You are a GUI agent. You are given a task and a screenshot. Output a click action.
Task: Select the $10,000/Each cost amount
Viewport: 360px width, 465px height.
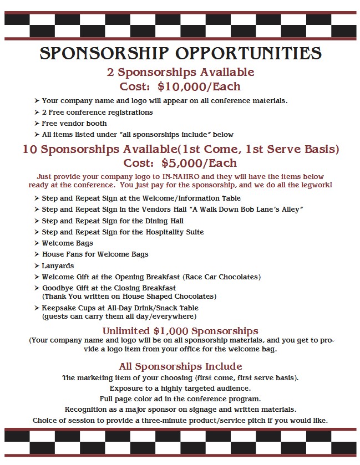point(199,86)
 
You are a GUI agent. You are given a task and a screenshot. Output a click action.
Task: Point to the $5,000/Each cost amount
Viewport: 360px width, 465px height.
point(199,163)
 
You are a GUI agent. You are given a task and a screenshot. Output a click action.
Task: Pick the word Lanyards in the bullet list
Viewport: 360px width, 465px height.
point(58,265)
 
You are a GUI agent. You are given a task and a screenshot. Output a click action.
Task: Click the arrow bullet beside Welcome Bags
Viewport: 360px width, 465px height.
point(37,243)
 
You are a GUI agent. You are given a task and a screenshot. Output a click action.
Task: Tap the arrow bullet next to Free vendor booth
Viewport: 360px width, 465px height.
point(37,124)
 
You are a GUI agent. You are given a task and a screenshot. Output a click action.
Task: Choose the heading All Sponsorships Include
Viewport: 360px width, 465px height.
point(180,366)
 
